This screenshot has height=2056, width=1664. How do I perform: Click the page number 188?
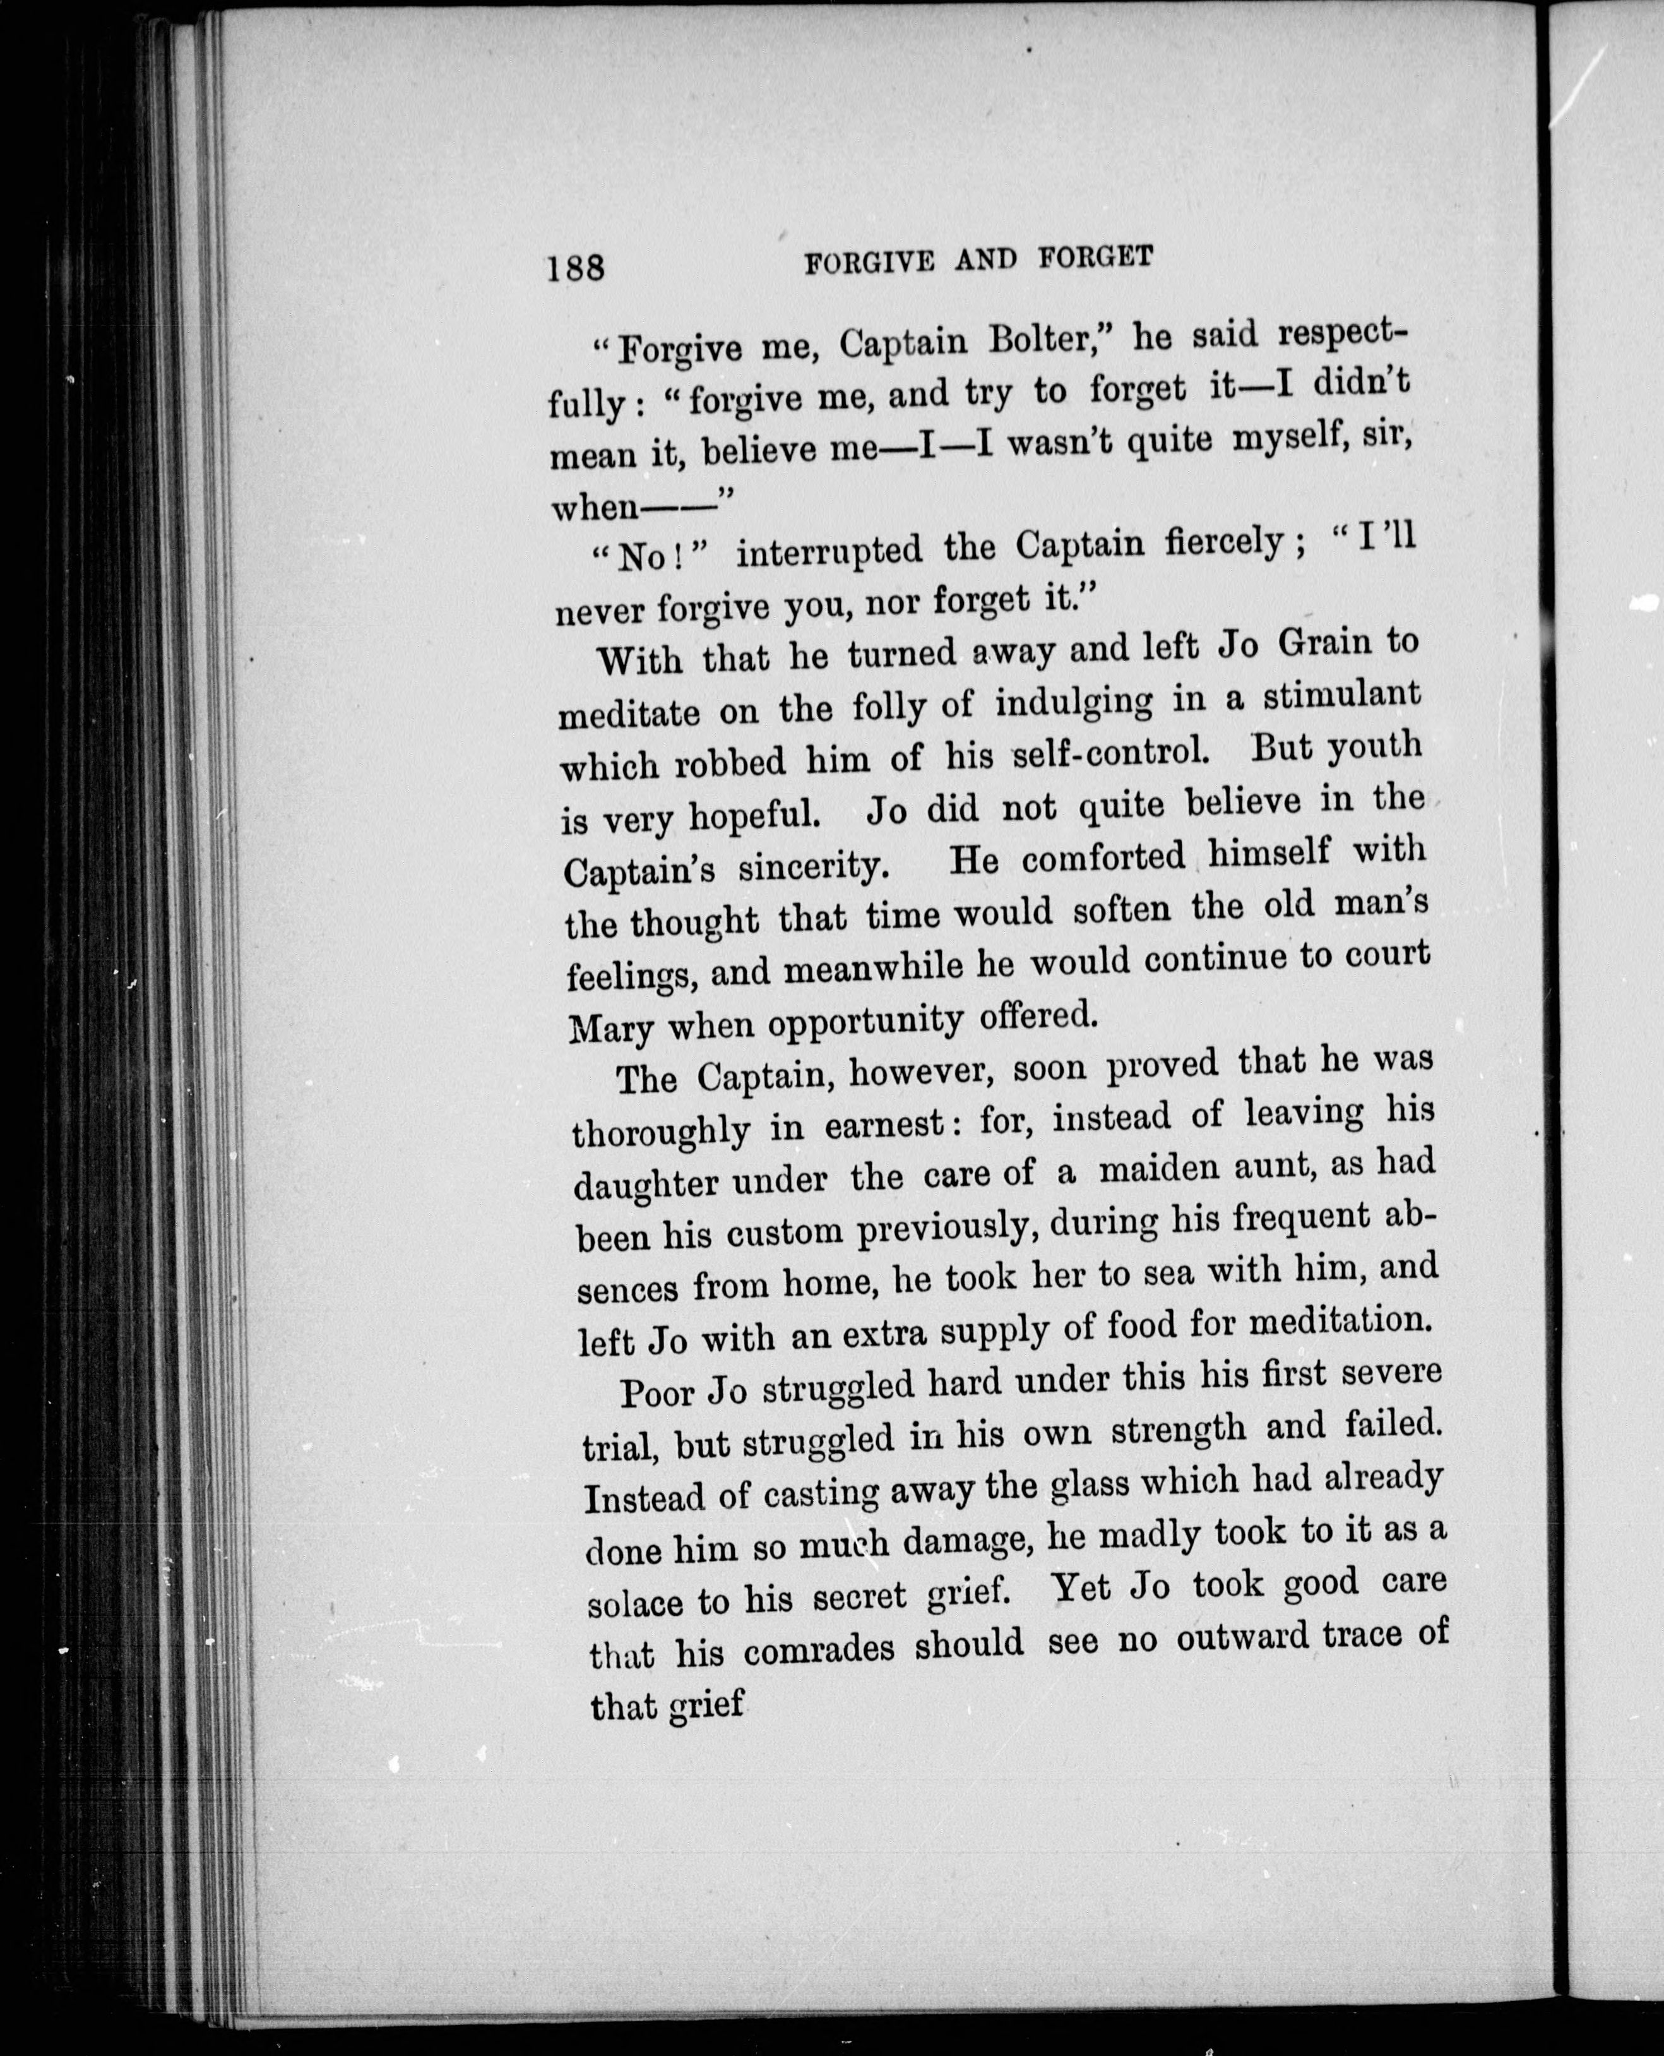tap(576, 266)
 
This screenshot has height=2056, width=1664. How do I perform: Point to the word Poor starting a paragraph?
tap(657, 1392)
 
